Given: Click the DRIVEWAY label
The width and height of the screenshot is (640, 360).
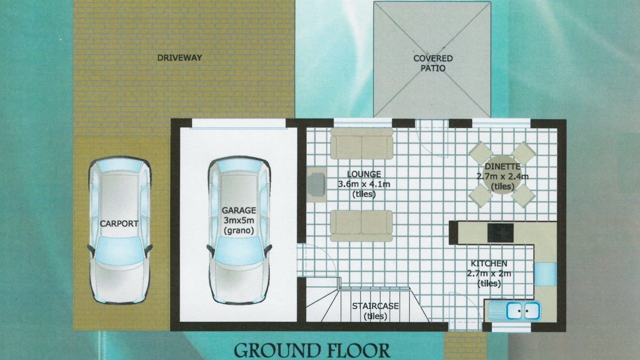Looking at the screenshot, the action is pos(180,58).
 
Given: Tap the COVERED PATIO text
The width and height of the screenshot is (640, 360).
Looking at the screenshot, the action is pos(433,63).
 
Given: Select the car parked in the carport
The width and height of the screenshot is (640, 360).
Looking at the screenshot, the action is pos(120,230).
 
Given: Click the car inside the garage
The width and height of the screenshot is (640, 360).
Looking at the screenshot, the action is pos(239,230).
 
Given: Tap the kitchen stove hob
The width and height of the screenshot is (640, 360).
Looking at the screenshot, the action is pos(500,233).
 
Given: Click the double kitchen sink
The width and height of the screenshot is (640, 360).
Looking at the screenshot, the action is pos(523,310).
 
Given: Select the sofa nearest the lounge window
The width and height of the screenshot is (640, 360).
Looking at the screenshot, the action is pos(362,143).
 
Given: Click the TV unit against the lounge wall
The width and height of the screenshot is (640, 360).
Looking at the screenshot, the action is pos(317,184).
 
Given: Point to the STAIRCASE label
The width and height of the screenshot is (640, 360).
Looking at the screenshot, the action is pos(375,306).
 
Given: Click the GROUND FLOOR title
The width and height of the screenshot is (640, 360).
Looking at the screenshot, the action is pos(312,351).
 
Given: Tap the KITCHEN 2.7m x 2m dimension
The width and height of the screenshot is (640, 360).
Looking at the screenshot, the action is pos(489,274).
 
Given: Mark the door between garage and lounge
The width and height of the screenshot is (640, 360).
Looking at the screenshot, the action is pos(317,260).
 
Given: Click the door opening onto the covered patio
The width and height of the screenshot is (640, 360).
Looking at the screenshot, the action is pos(432,138).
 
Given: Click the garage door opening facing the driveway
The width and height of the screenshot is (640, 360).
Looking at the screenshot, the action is pos(239,124).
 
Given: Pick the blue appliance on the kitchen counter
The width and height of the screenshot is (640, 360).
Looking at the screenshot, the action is pos(545,274).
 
